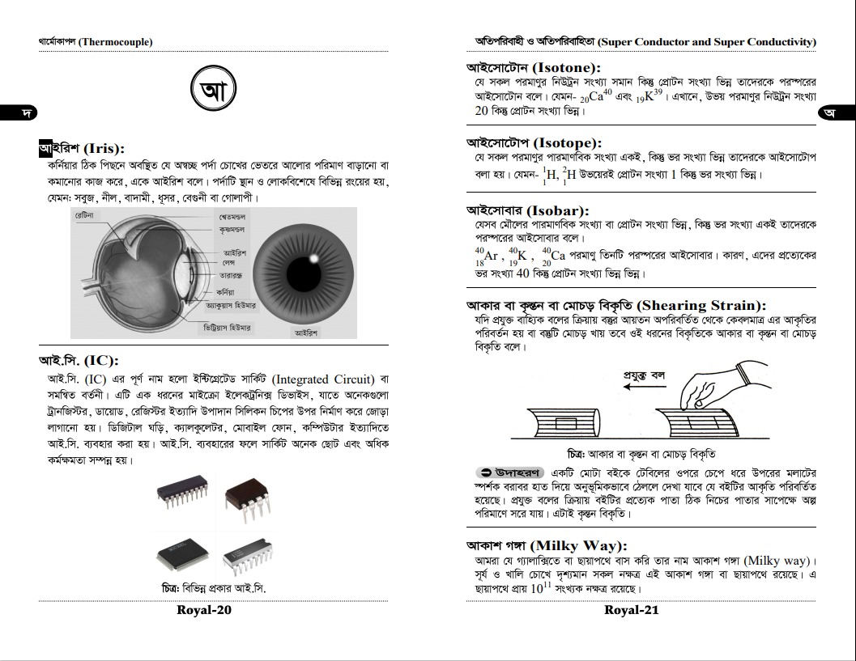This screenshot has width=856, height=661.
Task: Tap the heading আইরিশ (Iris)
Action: point(82,149)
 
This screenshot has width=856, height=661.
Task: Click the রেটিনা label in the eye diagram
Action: point(84,216)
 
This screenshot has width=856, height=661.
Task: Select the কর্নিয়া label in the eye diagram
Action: point(226,290)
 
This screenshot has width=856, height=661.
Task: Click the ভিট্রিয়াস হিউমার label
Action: point(228,328)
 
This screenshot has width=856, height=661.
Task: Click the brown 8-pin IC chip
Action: point(246,496)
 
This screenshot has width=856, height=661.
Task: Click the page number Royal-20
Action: point(204,610)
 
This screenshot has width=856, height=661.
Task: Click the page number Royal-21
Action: point(632,610)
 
